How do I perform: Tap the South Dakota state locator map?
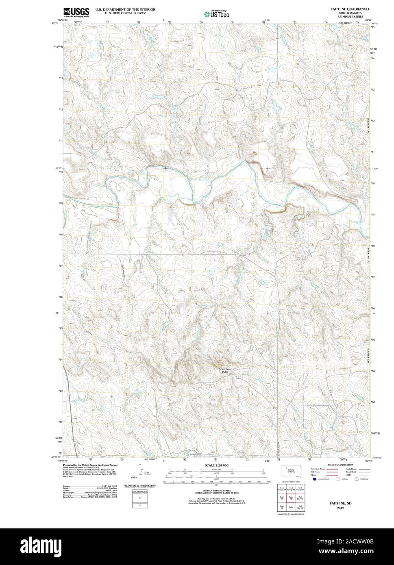tap(290, 471)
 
